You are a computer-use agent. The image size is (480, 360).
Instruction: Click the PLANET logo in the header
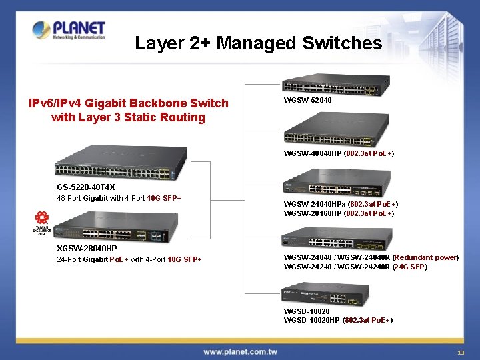(69, 31)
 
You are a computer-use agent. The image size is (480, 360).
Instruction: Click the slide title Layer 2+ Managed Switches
(258, 44)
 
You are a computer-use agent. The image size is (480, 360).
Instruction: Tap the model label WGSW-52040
(307, 100)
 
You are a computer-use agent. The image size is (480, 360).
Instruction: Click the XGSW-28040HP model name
(87, 249)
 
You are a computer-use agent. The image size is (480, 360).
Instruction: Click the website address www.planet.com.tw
(240, 351)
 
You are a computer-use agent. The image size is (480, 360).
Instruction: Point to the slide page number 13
(460, 352)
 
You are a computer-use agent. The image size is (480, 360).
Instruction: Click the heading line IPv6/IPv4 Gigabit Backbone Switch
(128, 103)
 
